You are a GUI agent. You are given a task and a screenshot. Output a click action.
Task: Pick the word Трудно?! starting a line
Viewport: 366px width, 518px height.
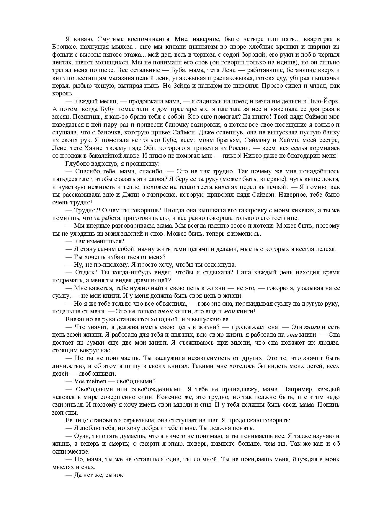[x=86, y=210]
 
